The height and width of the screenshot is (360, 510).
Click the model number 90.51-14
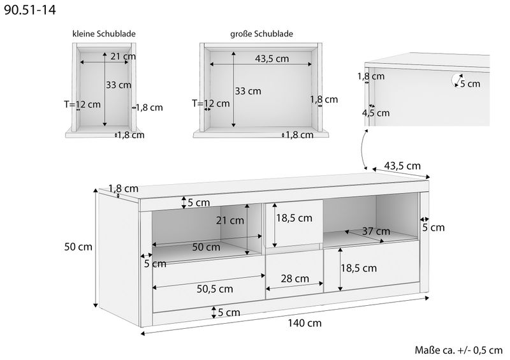29,10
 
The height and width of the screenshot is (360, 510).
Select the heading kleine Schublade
104,34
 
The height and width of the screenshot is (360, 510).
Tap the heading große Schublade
261,34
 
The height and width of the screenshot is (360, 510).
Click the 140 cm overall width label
305,323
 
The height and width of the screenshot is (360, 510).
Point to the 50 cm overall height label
78,247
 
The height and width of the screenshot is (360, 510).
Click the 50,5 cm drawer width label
215,289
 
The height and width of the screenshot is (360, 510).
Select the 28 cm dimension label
295,278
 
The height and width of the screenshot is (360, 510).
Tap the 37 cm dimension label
376,231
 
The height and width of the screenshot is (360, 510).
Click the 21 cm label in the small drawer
123,56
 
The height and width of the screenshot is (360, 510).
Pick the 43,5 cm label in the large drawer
272,59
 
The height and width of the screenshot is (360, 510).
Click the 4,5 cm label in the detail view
375,113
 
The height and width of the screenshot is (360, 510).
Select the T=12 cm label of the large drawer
211,104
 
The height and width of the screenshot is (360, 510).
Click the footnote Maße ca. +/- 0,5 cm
458,350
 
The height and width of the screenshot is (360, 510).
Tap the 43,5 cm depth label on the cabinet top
402,166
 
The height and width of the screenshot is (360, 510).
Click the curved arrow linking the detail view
363,150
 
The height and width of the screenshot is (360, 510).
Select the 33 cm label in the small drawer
119,85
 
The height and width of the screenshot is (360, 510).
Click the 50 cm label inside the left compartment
206,247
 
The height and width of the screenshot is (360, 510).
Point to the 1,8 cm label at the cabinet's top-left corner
123,189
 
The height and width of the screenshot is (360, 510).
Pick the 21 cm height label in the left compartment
230,220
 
